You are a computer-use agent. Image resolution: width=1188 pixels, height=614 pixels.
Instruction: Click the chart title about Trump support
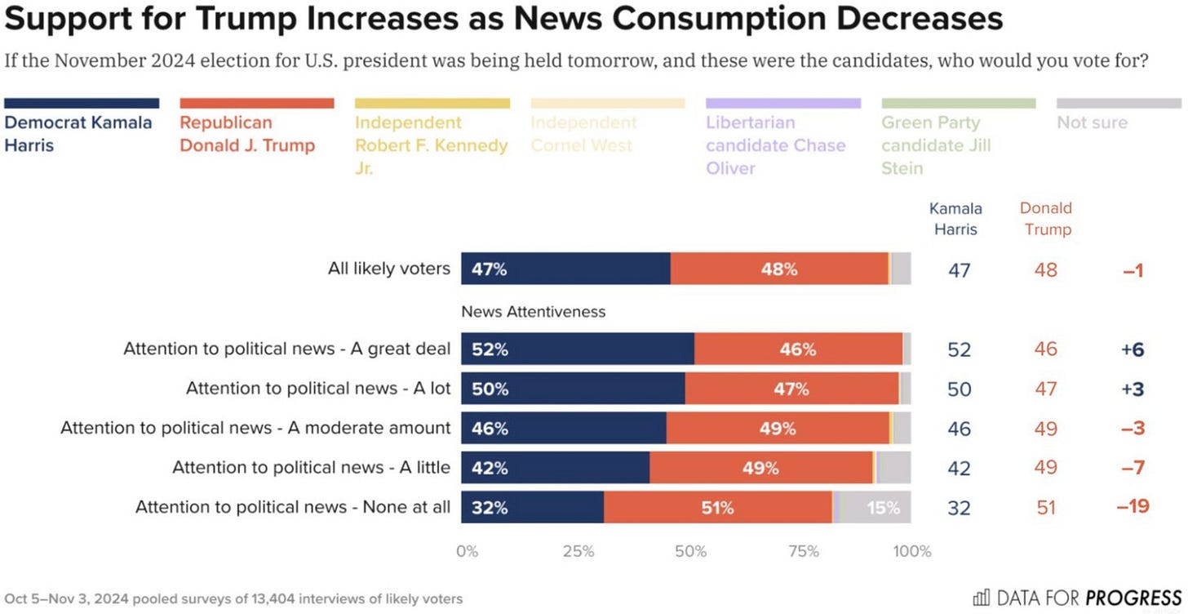(503, 19)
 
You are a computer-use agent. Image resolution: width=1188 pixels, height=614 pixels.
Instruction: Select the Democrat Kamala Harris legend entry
(78, 133)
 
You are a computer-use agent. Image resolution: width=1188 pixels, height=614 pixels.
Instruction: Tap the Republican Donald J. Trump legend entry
(247, 133)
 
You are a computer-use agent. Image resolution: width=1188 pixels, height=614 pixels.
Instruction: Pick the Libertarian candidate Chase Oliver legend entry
(775, 145)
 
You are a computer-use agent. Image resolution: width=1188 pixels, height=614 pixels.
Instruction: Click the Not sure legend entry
(1092, 122)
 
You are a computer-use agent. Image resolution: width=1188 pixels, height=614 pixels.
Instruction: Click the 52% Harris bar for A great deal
(577, 349)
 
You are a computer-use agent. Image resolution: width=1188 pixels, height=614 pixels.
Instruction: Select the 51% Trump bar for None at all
(717, 508)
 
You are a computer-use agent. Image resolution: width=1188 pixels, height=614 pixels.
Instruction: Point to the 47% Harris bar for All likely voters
(565, 269)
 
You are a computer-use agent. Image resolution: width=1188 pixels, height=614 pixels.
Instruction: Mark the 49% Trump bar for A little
(761, 468)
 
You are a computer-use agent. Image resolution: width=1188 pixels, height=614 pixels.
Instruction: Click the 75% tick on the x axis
(804, 551)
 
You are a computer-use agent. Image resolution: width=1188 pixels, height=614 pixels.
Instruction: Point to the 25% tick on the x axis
(578, 551)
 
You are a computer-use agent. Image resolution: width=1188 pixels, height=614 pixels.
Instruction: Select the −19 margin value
(1133, 507)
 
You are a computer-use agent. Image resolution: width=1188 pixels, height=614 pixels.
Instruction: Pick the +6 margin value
(1133, 349)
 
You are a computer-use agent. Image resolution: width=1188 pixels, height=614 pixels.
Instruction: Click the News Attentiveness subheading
(534, 312)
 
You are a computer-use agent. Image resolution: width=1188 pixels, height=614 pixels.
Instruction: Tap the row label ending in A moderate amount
(255, 428)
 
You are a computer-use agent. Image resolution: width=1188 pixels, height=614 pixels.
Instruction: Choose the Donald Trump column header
(1045, 218)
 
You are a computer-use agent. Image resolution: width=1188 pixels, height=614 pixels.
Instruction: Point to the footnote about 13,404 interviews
(233, 599)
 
